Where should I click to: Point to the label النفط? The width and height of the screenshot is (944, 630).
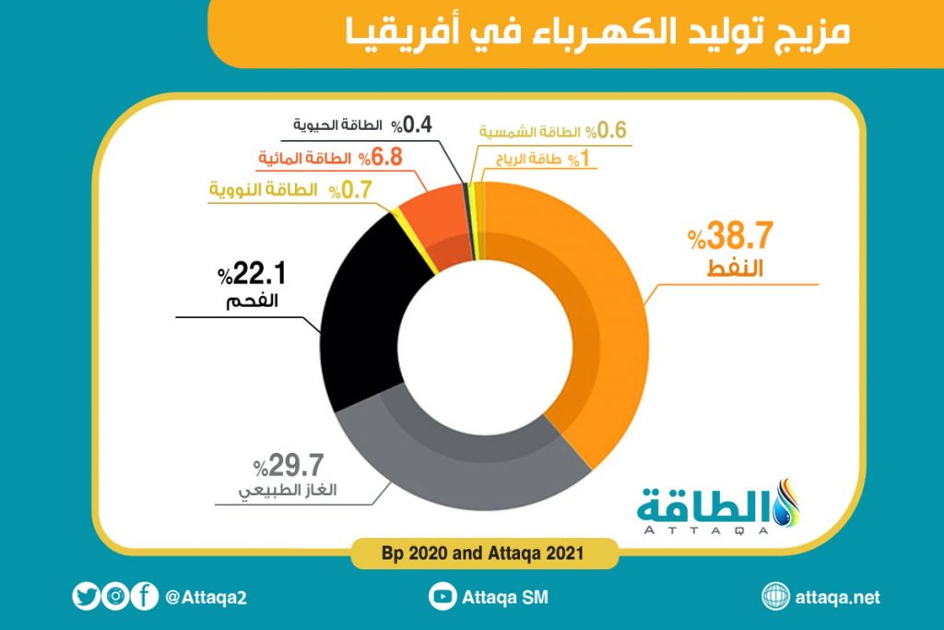pos(744,269)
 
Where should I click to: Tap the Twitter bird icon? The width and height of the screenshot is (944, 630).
pos(86,597)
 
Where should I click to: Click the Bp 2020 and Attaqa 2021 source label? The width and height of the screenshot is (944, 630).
pos(471,555)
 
